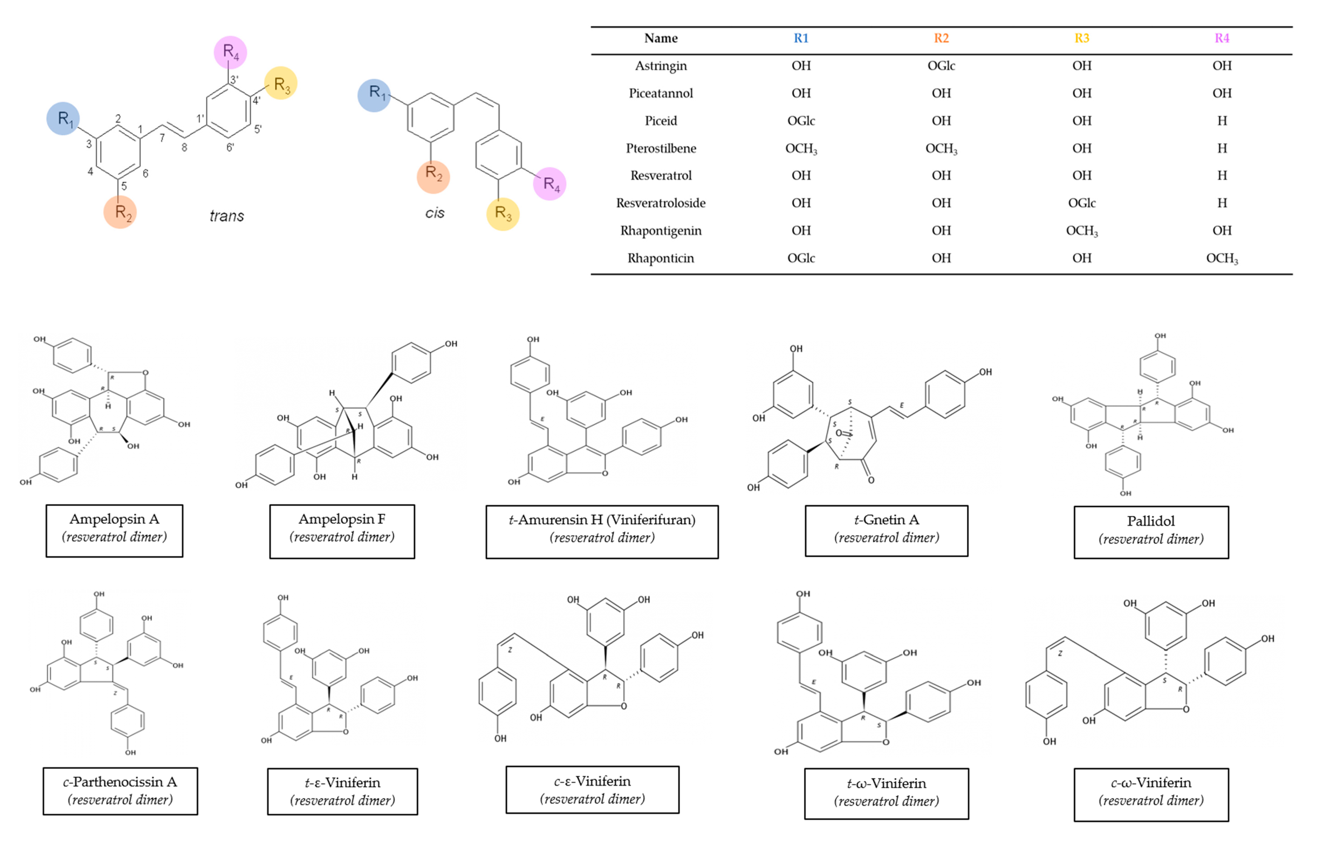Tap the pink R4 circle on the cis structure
pos(549,184)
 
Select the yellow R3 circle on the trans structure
pos(281,83)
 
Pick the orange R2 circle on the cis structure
pos(434,176)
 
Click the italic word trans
pos(227,216)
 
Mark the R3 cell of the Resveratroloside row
pos(1082,203)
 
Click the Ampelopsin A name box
pos(114,531)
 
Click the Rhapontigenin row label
pos(661,230)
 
